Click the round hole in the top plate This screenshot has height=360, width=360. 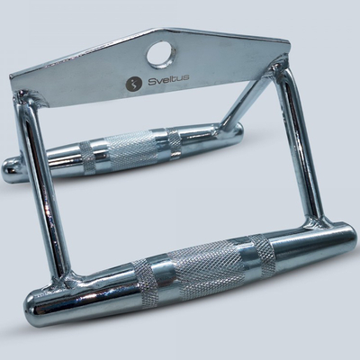[x=159, y=54]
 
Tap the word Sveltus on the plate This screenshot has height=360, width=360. [x=168, y=79]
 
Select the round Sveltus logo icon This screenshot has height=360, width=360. [x=133, y=85]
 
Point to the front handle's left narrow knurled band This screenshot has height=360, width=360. [x=145, y=283]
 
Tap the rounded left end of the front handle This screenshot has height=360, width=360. [x=34, y=307]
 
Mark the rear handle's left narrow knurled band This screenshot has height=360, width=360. [x=87, y=157]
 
